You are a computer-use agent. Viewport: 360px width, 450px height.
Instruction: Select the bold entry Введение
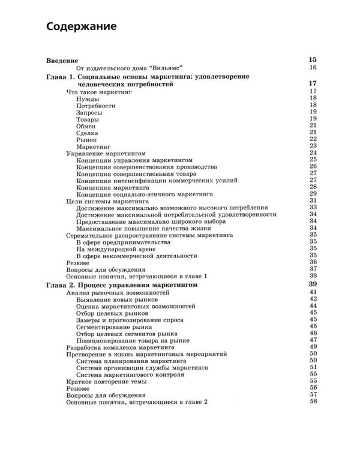(62, 60)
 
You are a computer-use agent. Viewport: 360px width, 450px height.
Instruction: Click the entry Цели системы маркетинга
(103, 200)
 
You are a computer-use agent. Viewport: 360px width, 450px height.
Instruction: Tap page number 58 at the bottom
(313, 401)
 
